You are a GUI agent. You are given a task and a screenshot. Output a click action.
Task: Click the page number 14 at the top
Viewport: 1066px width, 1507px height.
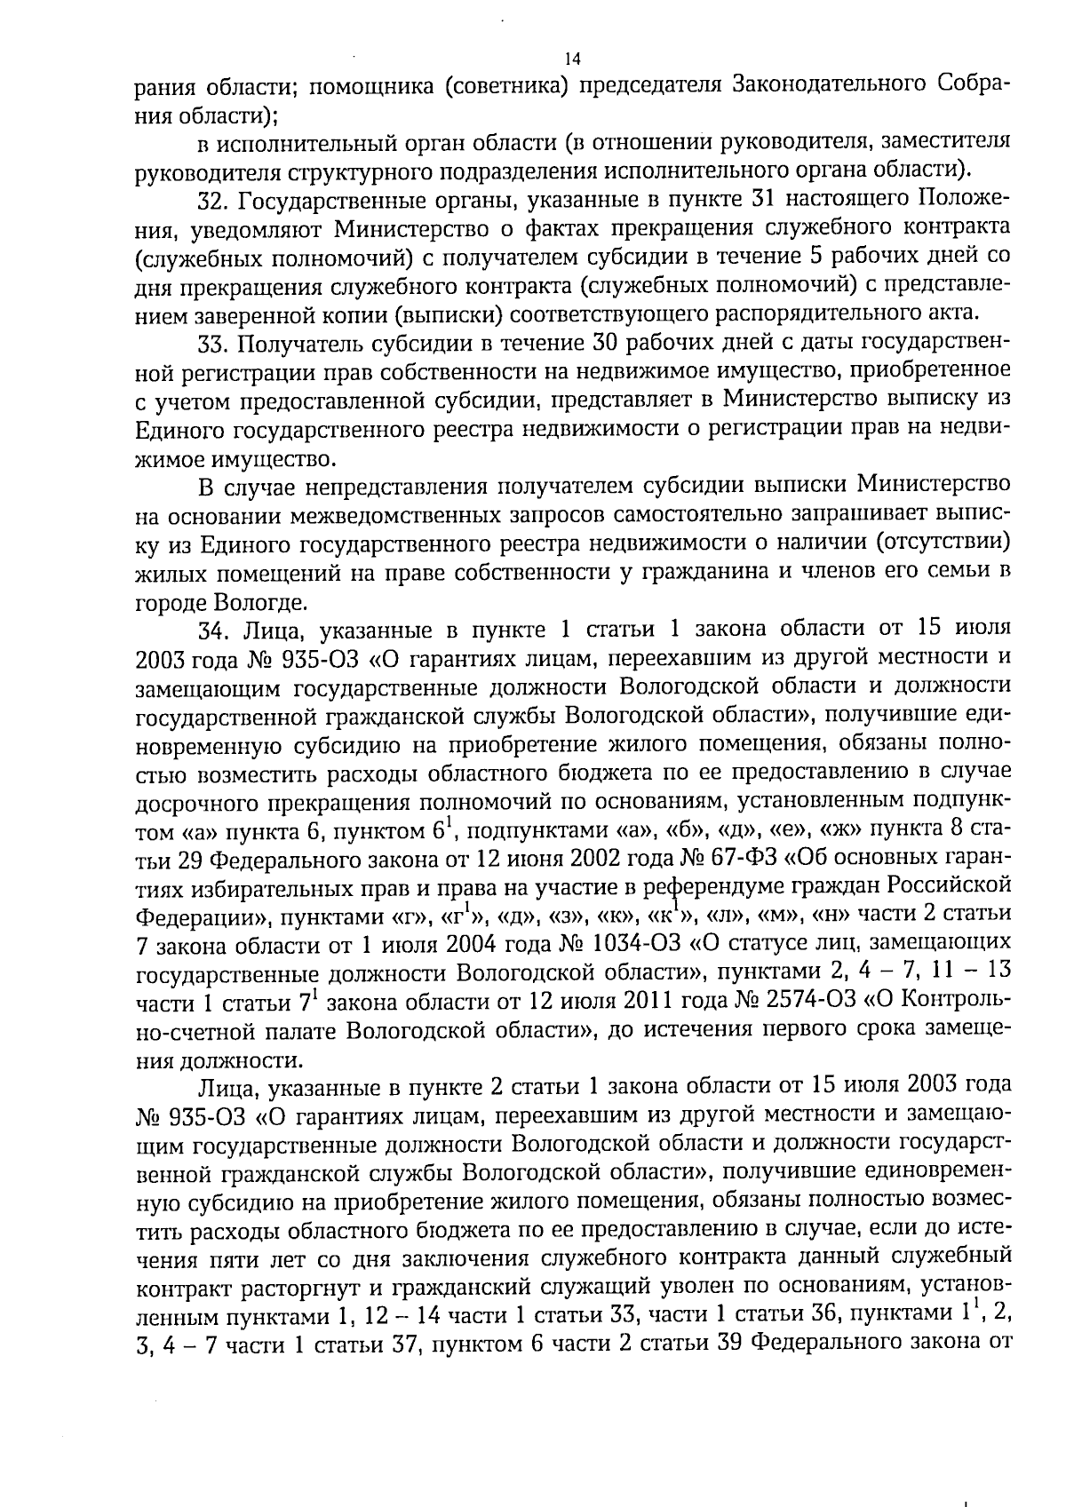coord(572,59)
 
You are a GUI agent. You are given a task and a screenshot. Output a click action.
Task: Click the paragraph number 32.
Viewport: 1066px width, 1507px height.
coord(212,198)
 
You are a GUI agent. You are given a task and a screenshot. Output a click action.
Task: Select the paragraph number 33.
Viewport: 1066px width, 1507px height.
coord(212,343)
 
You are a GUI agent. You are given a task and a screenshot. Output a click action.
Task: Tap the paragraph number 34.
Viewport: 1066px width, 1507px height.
coord(213,630)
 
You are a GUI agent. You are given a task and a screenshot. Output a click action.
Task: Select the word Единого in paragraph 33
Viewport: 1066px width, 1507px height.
coord(179,430)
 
